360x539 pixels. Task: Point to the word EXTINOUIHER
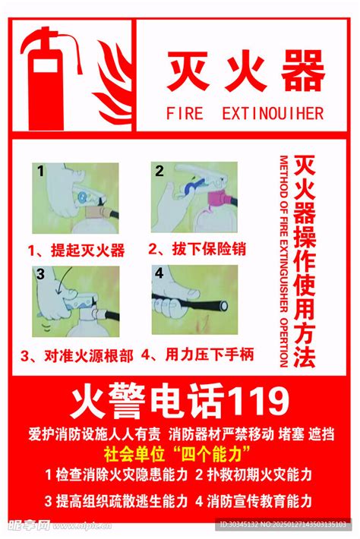pyautogui.click(x=273, y=114)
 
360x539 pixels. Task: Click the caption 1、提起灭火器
pyautogui.click(x=77, y=250)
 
